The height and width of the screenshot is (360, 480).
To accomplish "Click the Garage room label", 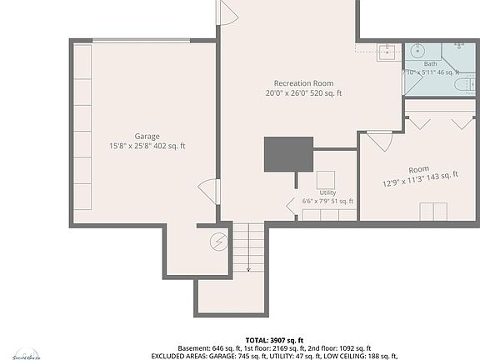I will coord(147,136).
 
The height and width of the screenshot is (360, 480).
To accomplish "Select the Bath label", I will coord(430,63).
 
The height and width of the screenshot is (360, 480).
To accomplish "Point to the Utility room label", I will coord(327,192).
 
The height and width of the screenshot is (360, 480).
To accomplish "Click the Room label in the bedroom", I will coord(418,169).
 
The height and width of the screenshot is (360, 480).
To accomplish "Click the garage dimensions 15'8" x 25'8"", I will coord(147,146).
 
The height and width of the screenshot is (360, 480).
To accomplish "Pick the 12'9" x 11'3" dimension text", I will coord(421,179).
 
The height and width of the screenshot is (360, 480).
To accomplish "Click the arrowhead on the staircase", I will coord(248,269).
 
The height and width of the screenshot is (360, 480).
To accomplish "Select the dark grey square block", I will coord(288,155).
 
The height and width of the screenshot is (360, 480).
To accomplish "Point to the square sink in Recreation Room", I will coord(387,53).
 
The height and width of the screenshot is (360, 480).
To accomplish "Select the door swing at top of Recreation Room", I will coord(227,12).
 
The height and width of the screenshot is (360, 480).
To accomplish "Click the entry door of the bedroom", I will coord(379,140).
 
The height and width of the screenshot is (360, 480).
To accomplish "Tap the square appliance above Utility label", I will coord(326,179).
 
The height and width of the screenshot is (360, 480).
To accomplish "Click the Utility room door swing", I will coord(292,202).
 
